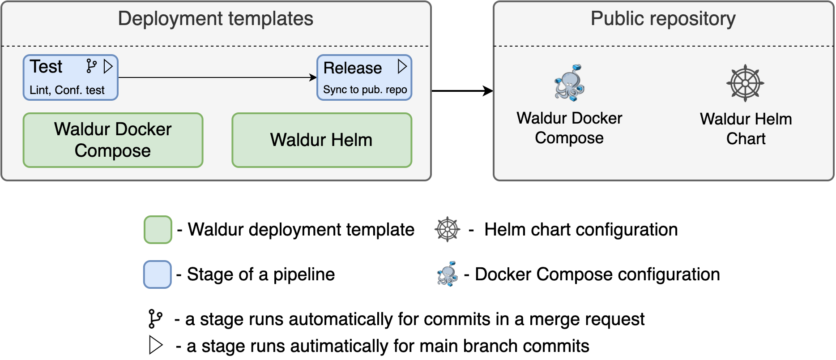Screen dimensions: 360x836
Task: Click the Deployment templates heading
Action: (215, 19)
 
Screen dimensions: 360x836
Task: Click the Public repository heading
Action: (663, 19)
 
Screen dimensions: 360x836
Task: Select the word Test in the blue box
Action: (46, 67)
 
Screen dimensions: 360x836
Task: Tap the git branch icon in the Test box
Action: (91, 66)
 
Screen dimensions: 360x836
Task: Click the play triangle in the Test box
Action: (108, 66)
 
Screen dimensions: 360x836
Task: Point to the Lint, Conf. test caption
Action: (67, 90)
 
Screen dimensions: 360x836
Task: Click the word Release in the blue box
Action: (352, 68)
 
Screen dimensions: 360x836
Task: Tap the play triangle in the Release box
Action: (402, 66)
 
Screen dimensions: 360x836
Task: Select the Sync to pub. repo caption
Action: (365, 90)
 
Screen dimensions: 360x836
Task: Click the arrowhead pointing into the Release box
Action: (313, 77)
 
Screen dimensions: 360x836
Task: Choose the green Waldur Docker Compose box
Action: (113, 140)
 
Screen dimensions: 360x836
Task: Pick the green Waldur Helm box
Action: (321, 140)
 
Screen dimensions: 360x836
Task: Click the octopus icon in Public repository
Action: (569, 82)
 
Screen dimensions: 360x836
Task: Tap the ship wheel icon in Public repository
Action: (745, 83)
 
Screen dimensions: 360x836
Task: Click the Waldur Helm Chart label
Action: (746, 129)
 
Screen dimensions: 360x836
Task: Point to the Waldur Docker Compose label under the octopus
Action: (569, 128)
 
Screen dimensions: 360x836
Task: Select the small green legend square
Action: (158, 230)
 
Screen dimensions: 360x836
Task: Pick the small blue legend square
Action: (158, 274)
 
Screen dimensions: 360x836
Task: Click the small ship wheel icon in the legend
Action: (447, 229)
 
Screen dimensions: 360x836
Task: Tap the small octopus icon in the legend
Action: (447, 274)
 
